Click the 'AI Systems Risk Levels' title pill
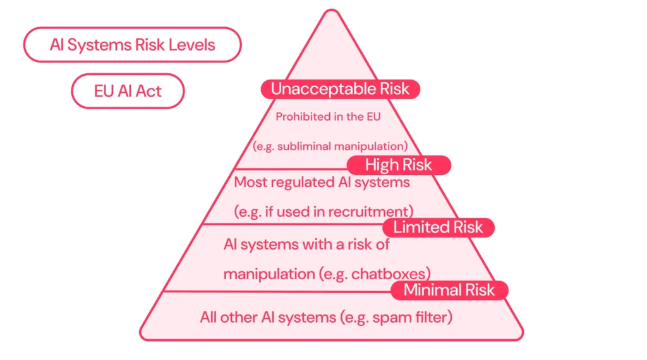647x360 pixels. [132, 45]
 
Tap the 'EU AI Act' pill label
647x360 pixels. [128, 91]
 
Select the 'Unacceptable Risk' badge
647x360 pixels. [340, 89]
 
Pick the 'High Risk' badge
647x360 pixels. [398, 165]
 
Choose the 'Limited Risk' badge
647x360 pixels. [438, 227]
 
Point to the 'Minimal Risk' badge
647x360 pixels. [449, 291]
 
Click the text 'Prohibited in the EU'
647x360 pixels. [329, 117]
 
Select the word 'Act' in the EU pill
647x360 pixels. [148, 91]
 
